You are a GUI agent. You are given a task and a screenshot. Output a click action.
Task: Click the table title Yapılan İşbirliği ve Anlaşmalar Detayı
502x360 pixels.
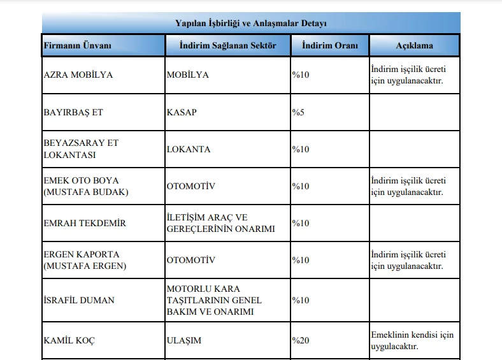[250, 24]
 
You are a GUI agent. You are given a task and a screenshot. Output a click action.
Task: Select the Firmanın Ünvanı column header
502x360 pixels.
[77, 46]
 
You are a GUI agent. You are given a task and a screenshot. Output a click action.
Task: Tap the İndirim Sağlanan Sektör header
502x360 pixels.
[227, 46]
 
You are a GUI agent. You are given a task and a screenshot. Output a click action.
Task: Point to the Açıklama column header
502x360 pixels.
[414, 46]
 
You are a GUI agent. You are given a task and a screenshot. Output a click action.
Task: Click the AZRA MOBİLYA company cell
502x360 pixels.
[78, 75]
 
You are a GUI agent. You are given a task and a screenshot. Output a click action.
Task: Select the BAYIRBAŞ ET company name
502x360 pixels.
[73, 112]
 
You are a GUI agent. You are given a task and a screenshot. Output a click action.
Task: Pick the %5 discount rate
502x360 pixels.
[298, 112]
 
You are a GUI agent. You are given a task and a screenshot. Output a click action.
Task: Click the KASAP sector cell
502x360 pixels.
[182, 112]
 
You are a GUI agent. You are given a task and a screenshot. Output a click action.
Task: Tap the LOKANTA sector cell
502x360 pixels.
[189, 149]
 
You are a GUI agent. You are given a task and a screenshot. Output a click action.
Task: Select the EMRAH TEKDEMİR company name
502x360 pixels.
[85, 223]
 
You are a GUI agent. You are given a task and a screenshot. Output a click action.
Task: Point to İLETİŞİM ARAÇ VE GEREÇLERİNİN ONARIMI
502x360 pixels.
[220, 223]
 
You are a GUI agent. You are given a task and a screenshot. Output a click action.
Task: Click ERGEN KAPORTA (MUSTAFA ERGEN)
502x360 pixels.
[85, 260]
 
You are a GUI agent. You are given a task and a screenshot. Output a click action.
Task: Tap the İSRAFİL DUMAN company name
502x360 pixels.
[79, 299]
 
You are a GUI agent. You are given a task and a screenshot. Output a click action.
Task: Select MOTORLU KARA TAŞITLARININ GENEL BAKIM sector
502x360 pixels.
[214, 299]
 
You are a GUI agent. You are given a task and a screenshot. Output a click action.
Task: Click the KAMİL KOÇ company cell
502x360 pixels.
[69, 340]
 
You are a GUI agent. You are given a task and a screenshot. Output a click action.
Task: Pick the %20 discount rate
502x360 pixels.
[301, 340]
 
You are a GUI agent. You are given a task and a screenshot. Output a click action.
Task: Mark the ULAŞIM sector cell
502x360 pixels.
[183, 340]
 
